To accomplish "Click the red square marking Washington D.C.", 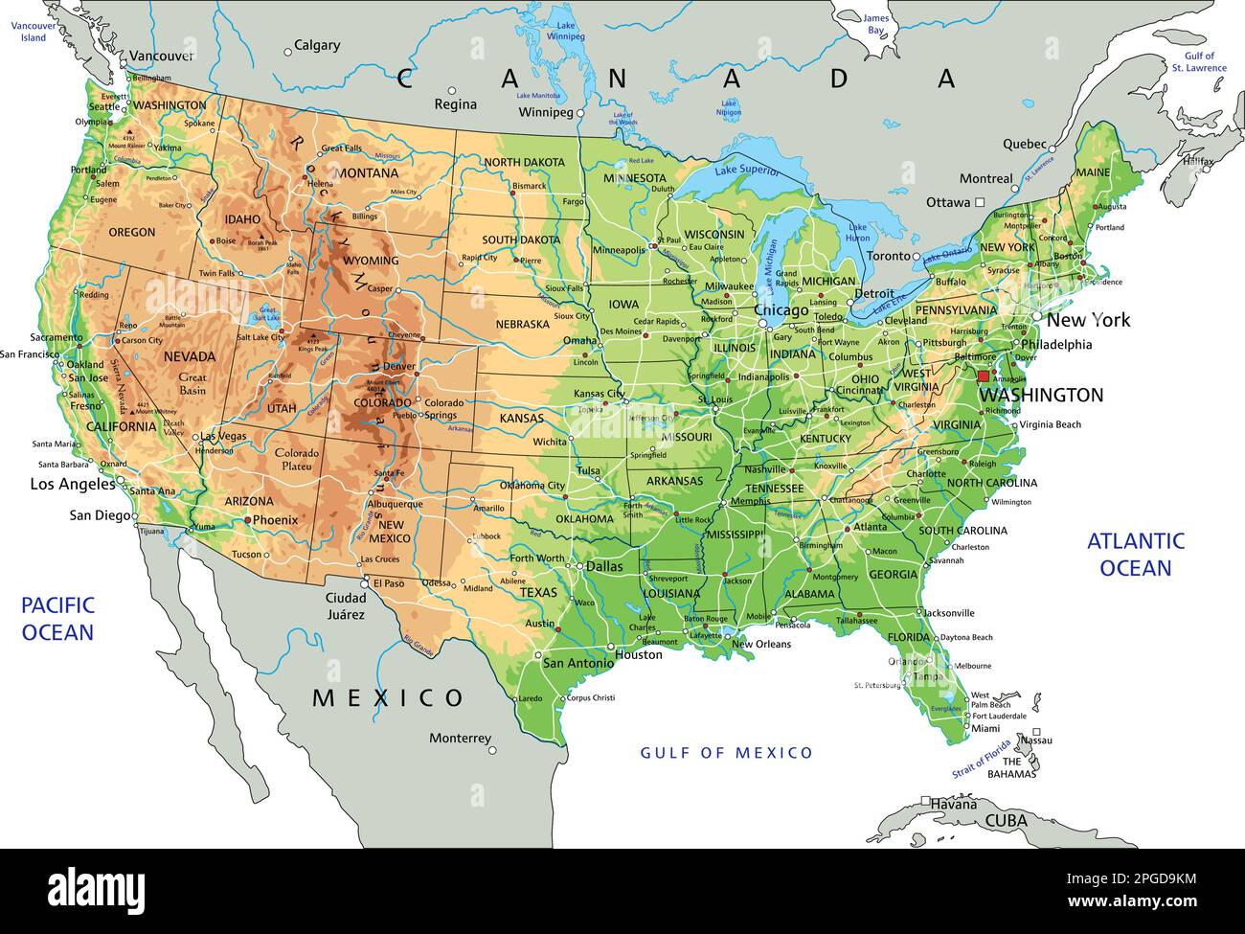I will pos(983,376).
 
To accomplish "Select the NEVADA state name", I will pos(190,356).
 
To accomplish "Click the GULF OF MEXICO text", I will pos(726,753).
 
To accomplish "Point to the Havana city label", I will pos(954,804).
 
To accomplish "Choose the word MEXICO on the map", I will pos(388,697).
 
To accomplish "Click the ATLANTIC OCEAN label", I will pos(1135,555).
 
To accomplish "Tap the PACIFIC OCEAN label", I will pos(57,618).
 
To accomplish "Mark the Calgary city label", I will pos(317,45).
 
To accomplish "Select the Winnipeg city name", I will pos(545,112).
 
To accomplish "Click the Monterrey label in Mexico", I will pos(460,739).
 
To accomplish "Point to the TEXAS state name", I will pos(538,593).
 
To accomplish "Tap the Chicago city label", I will pos(781,311).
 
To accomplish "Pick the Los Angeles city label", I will pos(73,484).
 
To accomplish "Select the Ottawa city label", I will pos(948,203).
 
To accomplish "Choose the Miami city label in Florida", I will pos(985,729).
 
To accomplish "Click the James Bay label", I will pos(875,24).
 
